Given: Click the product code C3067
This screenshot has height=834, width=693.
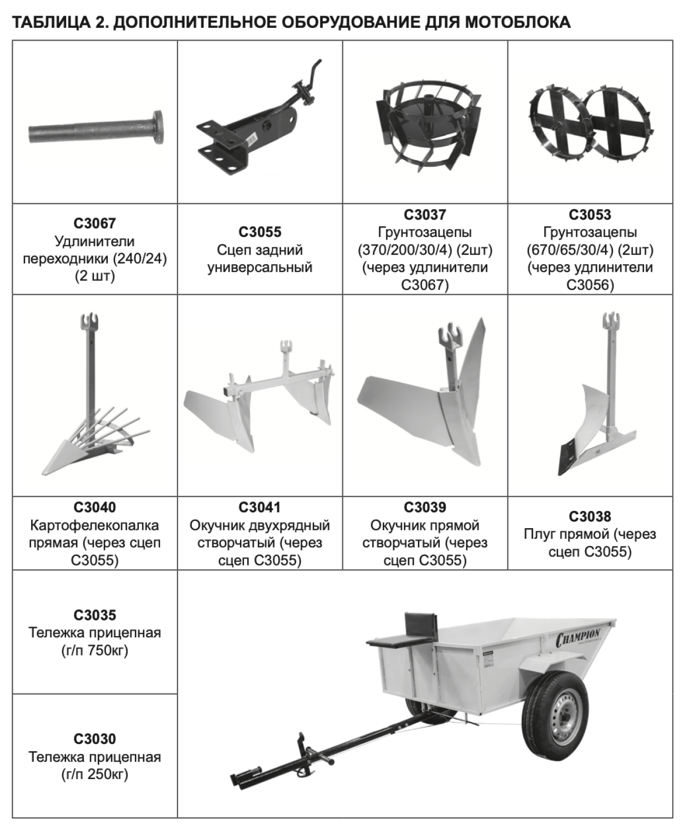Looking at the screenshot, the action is click(x=94, y=224).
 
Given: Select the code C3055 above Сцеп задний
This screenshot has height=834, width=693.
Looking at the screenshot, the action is click(x=260, y=232).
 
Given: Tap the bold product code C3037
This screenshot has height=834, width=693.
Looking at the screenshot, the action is click(x=425, y=215).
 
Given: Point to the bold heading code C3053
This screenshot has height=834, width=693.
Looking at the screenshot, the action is click(x=590, y=215).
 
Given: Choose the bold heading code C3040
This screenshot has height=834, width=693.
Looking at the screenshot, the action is click(x=94, y=507).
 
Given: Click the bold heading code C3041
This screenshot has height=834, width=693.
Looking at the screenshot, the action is click(x=260, y=507).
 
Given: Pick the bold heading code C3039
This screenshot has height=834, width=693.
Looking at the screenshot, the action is click(x=425, y=507).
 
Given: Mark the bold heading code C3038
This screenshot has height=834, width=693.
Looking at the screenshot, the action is click(x=590, y=517).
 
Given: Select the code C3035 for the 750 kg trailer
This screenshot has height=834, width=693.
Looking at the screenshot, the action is click(x=94, y=615).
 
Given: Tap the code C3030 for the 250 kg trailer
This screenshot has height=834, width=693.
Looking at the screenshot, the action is click(x=94, y=739).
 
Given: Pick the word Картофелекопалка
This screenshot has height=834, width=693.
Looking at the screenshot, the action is click(x=94, y=525).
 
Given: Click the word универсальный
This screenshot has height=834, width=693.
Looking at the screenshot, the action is click(x=260, y=267).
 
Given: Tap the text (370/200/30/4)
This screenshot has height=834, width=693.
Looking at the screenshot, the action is click(x=405, y=250).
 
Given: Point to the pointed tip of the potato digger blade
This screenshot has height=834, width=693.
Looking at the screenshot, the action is click(x=43, y=474).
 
